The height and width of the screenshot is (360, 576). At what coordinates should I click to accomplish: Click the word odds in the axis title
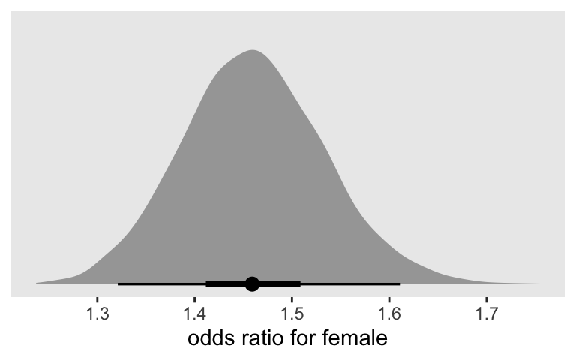click(211, 338)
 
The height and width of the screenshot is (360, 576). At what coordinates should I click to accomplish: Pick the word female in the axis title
click(359, 338)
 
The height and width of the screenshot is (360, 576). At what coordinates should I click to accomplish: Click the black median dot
click(252, 283)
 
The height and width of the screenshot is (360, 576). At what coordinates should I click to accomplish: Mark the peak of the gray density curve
click(253, 50)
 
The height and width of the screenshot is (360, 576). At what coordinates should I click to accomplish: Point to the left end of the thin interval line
click(118, 283)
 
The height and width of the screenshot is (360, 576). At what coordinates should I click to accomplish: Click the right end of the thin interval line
click(400, 283)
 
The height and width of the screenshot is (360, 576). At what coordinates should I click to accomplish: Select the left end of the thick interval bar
click(206, 283)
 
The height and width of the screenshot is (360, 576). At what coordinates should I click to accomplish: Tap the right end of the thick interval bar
click(301, 283)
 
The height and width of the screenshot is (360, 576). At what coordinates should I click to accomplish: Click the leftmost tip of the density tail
click(36, 283)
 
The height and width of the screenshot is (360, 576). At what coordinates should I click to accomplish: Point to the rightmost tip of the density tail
click(538, 284)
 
